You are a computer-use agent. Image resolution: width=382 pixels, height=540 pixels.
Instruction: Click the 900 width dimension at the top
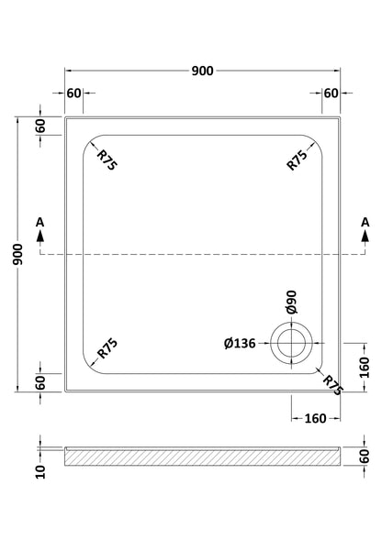point(203,71)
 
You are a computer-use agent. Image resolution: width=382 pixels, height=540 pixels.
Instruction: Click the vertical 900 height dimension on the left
point(17,254)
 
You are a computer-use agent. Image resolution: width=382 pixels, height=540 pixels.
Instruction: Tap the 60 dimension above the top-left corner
point(73,93)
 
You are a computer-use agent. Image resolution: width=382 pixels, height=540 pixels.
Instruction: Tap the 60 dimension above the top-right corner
point(331,93)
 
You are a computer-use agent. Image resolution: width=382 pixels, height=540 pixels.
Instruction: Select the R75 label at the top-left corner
point(107,160)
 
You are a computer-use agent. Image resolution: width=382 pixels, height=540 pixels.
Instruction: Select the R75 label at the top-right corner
point(298,160)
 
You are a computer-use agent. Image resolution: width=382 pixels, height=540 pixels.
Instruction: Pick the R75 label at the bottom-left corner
point(107,348)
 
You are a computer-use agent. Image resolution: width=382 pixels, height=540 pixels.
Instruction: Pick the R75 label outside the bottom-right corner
point(332,385)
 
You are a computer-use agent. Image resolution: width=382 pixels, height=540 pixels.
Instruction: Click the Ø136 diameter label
point(240,344)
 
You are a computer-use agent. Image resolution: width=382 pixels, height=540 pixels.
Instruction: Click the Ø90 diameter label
point(292,303)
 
